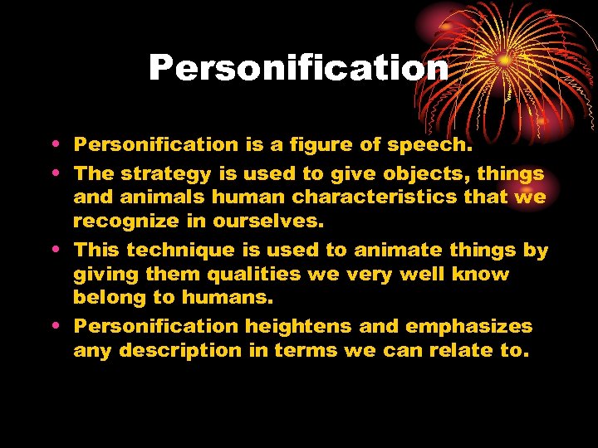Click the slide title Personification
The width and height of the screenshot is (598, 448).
point(298,68)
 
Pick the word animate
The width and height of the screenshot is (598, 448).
point(385,251)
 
